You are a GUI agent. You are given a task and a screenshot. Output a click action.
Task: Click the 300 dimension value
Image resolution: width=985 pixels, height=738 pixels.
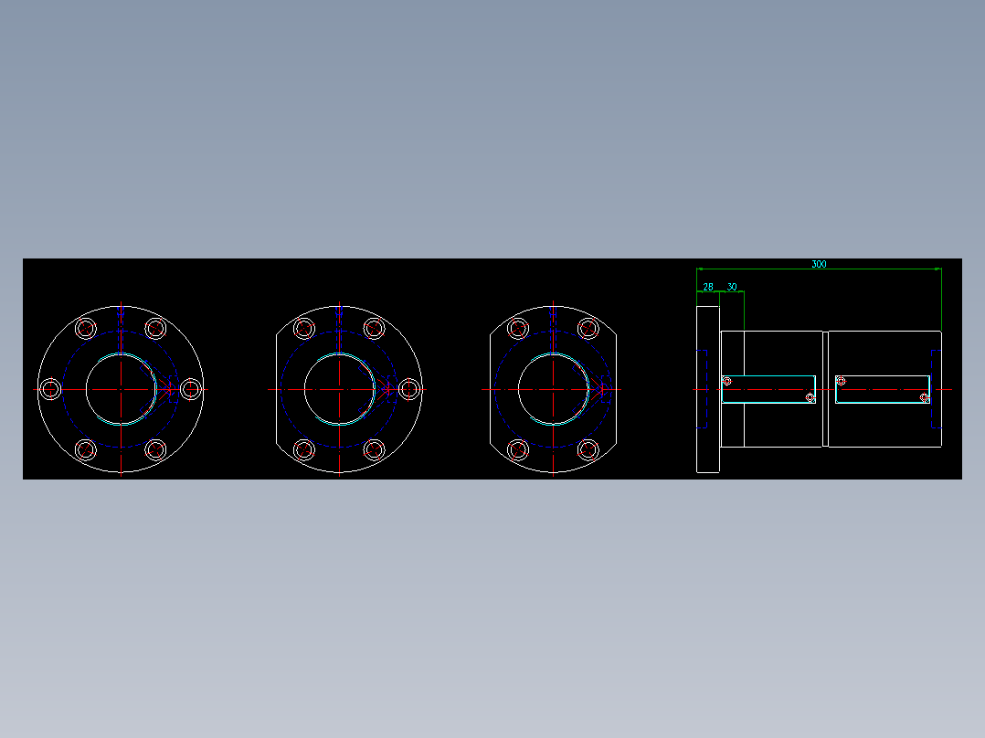click(x=819, y=264)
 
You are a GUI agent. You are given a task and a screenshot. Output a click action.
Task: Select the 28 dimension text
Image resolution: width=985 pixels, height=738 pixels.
click(x=708, y=287)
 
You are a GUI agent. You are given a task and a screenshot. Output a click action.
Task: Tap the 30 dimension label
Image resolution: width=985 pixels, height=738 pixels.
click(x=732, y=287)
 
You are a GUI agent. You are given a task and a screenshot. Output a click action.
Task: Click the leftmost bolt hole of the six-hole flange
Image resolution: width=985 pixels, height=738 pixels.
click(x=51, y=389)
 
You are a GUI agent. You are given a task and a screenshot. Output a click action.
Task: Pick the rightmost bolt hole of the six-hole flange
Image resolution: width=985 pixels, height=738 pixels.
click(x=190, y=389)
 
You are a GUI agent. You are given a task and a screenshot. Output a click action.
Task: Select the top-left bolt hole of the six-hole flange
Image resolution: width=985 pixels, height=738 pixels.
click(x=86, y=329)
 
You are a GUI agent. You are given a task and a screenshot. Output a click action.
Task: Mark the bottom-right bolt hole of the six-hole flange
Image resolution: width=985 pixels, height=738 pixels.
click(x=155, y=449)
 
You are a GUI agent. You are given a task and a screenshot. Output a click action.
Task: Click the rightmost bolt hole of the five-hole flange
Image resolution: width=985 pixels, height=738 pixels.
click(x=408, y=389)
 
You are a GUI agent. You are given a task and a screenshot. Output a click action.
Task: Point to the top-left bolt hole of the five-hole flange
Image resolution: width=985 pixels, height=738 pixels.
click(x=304, y=329)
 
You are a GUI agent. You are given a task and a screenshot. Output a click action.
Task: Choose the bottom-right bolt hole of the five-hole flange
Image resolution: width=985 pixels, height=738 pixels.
click(x=374, y=449)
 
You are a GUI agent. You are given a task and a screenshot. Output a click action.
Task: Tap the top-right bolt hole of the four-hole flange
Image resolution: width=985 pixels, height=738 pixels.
click(x=588, y=329)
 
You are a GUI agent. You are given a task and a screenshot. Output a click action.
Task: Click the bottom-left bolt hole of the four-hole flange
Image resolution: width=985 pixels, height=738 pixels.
click(x=518, y=449)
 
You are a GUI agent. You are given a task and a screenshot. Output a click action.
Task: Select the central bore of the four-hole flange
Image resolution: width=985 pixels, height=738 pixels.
click(x=553, y=389)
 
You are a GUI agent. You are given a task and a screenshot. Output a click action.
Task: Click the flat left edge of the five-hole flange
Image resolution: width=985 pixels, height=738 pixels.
click(x=275, y=389)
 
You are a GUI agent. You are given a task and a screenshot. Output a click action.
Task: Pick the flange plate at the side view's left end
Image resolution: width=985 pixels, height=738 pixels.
click(x=708, y=389)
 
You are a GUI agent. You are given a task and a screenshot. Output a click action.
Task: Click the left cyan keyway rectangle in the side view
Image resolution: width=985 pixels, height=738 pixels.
click(x=768, y=389)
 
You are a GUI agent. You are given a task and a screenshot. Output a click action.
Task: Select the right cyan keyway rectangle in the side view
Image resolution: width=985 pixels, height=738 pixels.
click(x=883, y=389)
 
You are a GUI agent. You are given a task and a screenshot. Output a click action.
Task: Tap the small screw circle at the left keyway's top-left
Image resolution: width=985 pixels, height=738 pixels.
click(x=727, y=381)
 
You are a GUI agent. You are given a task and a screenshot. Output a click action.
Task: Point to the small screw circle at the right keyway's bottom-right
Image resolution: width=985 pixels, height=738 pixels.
click(x=925, y=397)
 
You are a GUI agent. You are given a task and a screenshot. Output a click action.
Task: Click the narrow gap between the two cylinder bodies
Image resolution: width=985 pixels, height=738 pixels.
click(x=825, y=389)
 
